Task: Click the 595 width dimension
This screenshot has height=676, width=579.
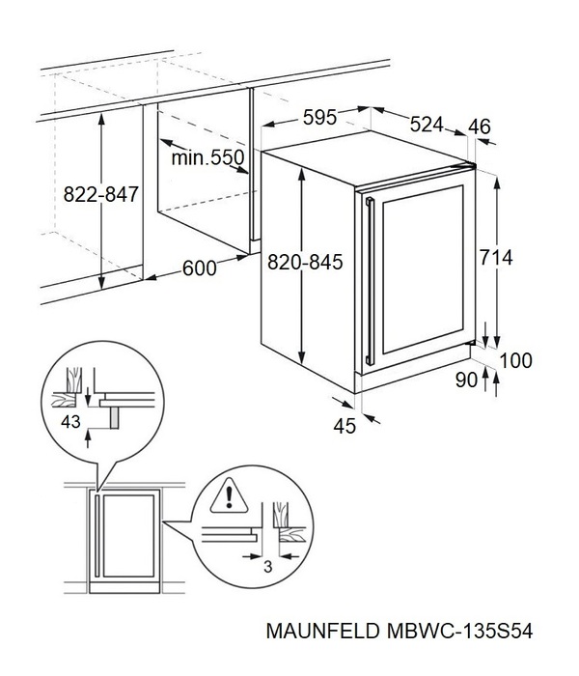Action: pyautogui.click(x=319, y=118)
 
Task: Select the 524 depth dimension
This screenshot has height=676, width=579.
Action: pyautogui.click(x=426, y=125)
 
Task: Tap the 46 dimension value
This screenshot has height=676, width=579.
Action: pyautogui.click(x=480, y=126)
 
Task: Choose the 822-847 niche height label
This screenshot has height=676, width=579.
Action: pyautogui.click(x=101, y=194)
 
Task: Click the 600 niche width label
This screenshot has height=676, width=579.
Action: pyautogui.click(x=199, y=268)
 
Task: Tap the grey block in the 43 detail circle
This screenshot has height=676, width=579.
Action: pyautogui.click(x=114, y=416)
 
